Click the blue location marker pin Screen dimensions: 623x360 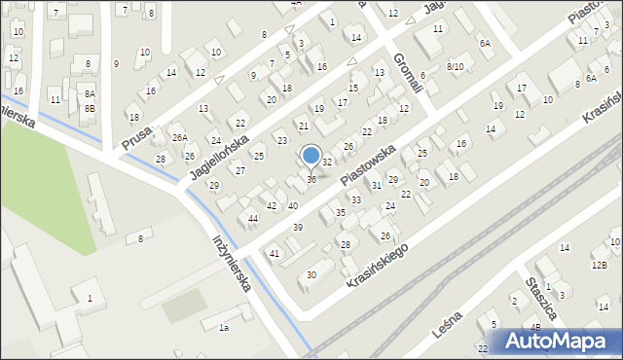coord(311,156)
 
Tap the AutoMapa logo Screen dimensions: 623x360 coord(560,341)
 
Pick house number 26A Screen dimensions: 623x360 coord(180,138)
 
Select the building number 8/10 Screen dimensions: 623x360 coord(455,66)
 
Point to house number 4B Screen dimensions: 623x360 coord(535,327)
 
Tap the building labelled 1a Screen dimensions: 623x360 coord(223,328)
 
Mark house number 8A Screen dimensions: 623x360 coord(90,94)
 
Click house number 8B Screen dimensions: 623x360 coord(90,108)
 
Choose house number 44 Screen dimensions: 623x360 coord(253,218)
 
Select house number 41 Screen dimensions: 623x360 coord(275,253)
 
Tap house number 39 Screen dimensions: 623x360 coord(297,227)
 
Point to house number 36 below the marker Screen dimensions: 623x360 coord(311,179)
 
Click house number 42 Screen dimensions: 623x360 coord(272,206)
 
